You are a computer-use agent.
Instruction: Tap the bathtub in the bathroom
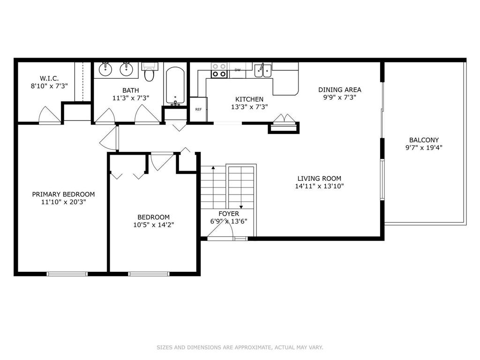coord(175,85)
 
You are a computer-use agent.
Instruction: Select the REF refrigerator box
coord(198,109)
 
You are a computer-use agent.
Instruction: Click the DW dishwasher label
coord(238,70)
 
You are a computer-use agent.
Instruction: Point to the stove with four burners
coord(219,70)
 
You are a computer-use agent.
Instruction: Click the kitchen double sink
coord(262,71)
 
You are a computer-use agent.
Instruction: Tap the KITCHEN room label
coord(249,99)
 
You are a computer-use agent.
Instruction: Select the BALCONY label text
coord(424,140)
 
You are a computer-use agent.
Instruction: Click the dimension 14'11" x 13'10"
coord(319,186)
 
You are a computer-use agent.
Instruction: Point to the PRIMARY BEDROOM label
coord(63,194)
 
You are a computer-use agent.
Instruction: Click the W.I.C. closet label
coord(49,78)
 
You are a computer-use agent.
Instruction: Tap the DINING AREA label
coord(339,90)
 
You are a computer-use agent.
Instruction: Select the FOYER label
coord(229,214)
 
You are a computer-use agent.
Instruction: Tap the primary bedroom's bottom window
coord(67,274)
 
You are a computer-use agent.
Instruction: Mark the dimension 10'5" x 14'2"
coord(153,225)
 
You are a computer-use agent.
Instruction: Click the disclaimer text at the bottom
coord(240,347)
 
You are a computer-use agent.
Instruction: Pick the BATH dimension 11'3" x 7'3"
coord(131,98)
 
